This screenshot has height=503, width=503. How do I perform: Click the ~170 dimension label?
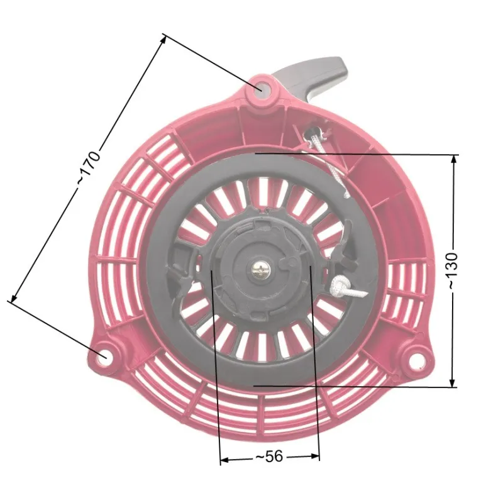(x=89, y=166)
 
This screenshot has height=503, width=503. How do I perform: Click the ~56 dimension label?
(x=270, y=457)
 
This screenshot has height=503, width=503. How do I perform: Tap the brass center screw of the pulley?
(x=260, y=270)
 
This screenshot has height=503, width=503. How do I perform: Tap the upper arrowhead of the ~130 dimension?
(x=453, y=159)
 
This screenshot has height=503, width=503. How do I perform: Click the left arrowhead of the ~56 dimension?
(x=224, y=460)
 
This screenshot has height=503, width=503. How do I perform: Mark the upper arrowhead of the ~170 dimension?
(x=163, y=40)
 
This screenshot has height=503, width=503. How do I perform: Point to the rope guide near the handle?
(x=312, y=131)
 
